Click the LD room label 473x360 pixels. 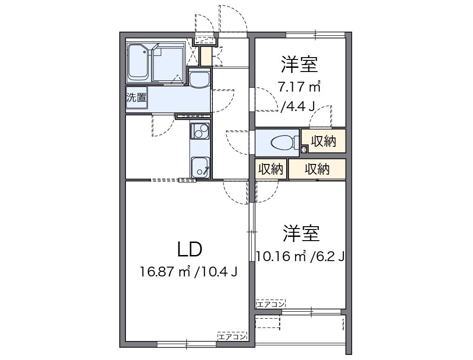coord(190,249)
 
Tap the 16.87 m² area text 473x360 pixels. coord(166,271)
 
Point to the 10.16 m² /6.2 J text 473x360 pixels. coord(300,256)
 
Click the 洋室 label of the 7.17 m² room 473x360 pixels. coord(299,65)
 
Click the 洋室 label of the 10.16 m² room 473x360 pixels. coord(302,234)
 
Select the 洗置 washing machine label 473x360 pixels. coord(137,98)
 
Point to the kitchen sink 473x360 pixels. coord(200,167)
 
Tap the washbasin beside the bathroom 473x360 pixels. coord(200,79)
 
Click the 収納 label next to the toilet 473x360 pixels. coord(323,142)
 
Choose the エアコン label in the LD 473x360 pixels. coord(232,337)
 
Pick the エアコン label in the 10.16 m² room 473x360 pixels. coord(270,304)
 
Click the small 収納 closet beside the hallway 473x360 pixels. coord(271,170)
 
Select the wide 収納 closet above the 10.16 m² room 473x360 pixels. coord(317,170)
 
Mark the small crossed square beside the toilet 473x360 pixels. coord(304,149)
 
